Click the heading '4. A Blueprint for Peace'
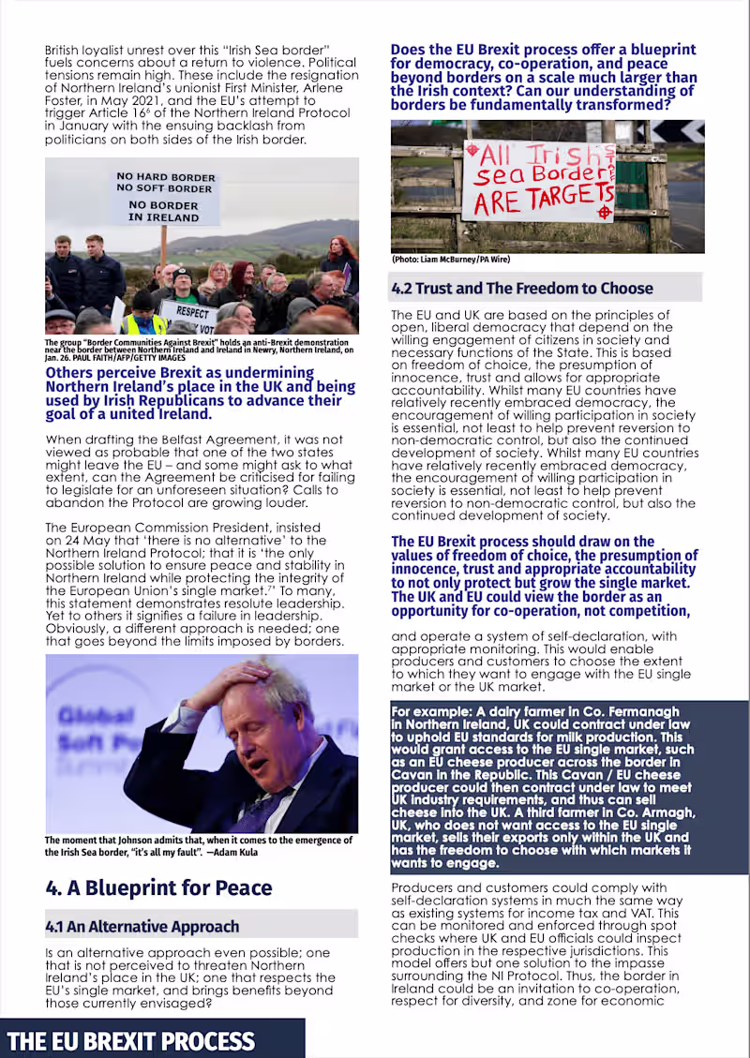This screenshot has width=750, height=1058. click(x=158, y=887)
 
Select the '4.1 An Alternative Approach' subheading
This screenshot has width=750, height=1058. click(x=142, y=926)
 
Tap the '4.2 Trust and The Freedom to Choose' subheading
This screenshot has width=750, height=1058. click(x=521, y=288)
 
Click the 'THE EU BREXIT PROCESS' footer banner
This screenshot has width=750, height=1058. click(x=131, y=1040)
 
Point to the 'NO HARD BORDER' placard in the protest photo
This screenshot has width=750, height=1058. click(x=165, y=177)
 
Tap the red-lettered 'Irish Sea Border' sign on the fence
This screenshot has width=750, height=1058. click(x=538, y=180)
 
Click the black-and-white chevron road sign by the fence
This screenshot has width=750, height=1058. click(x=690, y=130)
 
